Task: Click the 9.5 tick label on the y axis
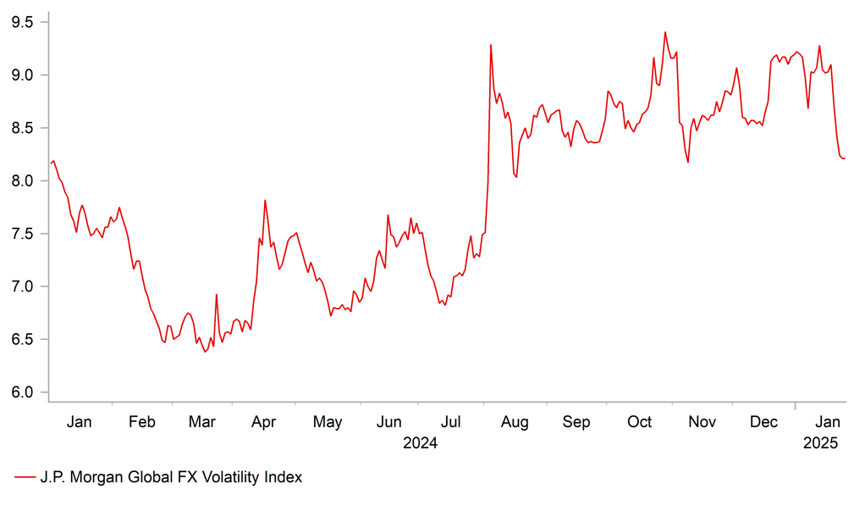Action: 22,22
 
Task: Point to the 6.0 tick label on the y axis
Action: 22,392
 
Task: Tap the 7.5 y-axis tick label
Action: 22,234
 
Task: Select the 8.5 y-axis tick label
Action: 22,128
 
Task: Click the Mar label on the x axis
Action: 202,422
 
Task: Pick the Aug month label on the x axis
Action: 515,422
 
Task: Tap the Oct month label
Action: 640,422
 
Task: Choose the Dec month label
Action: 764,422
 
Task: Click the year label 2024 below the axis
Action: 421,442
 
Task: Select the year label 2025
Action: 820,442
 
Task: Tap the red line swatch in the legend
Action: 24,477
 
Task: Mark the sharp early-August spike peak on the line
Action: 491,45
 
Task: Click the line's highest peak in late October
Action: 664,32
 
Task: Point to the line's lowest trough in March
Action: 205,351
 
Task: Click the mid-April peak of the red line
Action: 265,201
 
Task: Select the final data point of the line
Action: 845,158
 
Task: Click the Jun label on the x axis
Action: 389,422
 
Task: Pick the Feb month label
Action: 140,422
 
